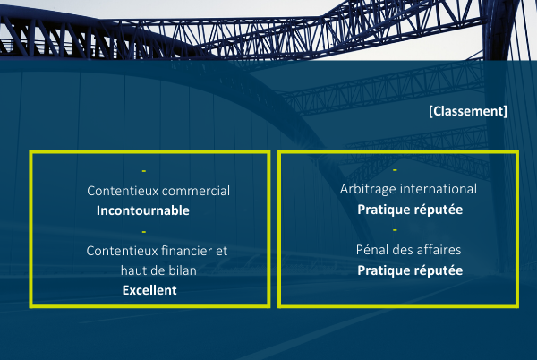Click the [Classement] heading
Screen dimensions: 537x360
tap(468, 111)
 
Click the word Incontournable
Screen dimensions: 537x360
tap(143, 210)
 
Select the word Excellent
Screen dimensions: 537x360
tap(149, 290)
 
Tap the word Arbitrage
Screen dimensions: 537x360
tap(368, 190)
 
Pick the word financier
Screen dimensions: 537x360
tap(186, 251)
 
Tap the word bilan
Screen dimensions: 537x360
tap(183, 270)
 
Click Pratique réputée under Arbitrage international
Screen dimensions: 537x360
tap(410, 210)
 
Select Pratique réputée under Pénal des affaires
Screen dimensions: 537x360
tap(410, 270)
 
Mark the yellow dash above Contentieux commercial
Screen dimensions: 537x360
tap(144, 170)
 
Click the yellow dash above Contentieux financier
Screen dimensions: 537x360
tap(144, 232)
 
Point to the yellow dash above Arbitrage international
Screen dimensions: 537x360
tap(395, 169)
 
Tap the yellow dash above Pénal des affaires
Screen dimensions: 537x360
tap(395, 230)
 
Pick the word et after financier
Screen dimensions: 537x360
tap(221, 251)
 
